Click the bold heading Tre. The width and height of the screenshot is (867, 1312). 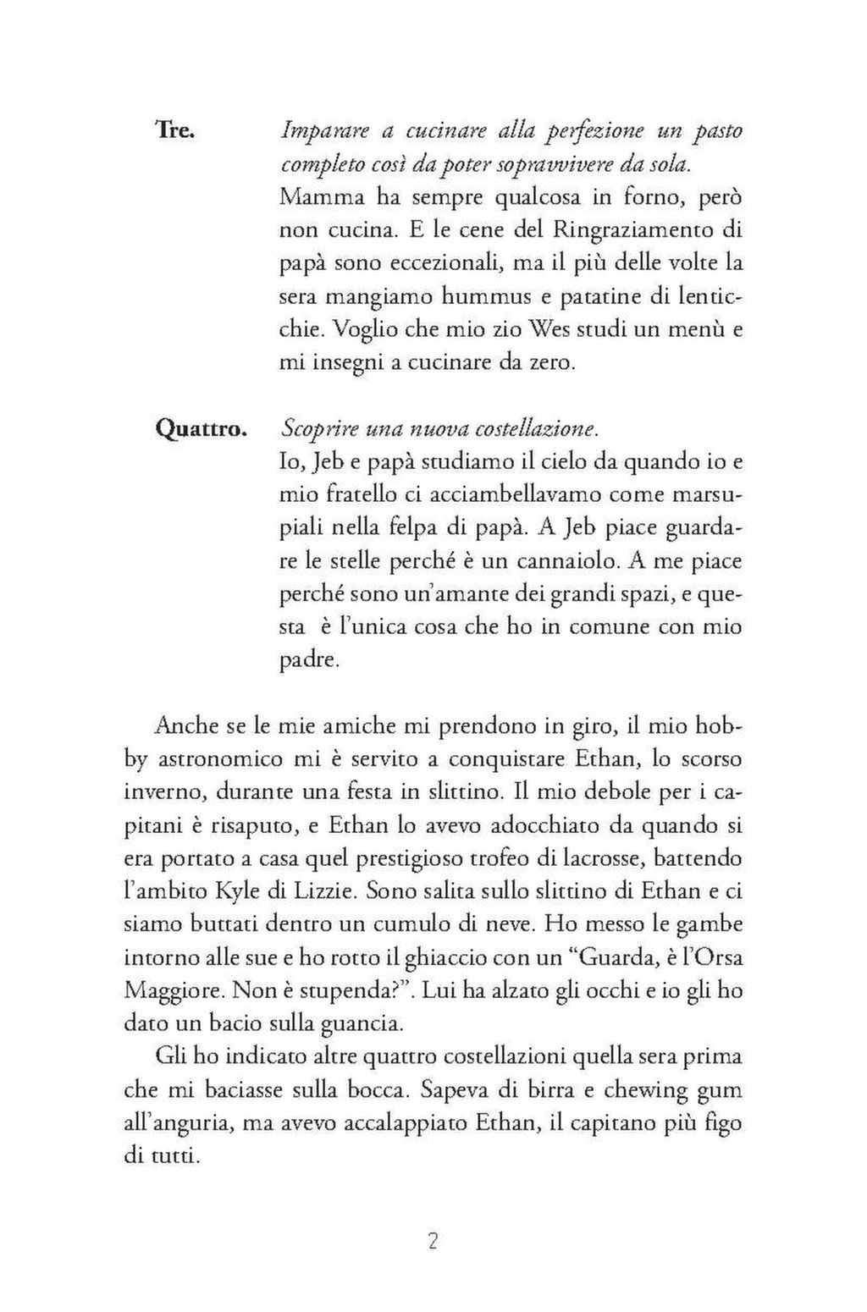(176, 131)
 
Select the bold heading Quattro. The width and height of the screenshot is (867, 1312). (201, 429)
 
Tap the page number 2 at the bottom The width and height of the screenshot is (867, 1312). (433, 1242)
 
